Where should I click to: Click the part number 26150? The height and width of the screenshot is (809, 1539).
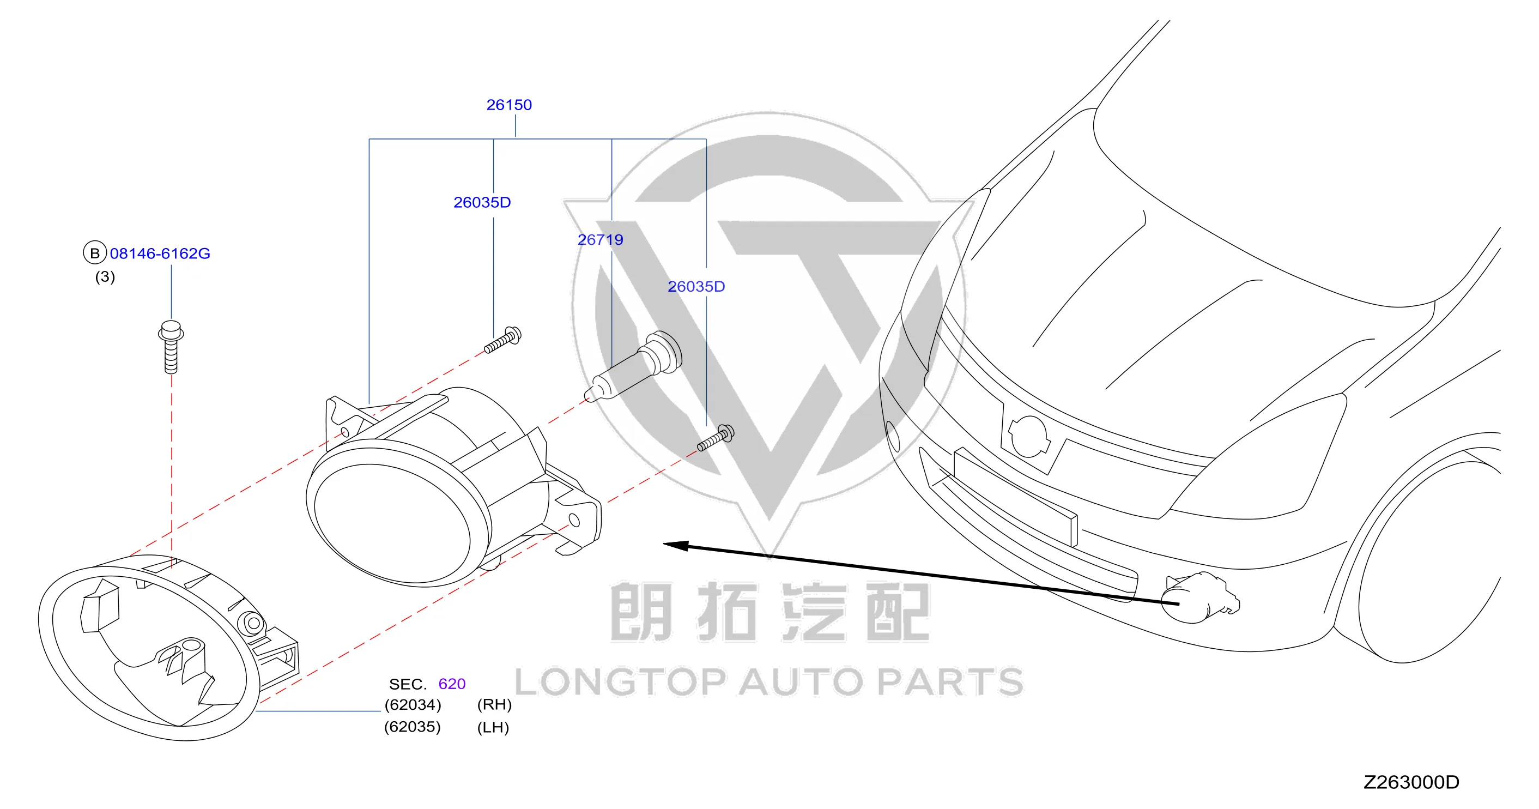tap(509, 105)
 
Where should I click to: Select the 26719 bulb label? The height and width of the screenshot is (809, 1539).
tap(600, 240)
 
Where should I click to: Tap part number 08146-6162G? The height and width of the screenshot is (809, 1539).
tap(160, 253)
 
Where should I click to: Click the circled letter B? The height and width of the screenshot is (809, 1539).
tap(94, 253)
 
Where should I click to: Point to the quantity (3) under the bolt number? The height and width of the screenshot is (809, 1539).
tap(105, 276)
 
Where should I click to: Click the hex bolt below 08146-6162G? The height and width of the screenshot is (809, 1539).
tap(171, 347)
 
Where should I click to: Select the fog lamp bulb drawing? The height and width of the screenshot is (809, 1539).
tap(633, 366)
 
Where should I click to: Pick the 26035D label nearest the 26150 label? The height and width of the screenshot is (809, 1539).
tap(482, 203)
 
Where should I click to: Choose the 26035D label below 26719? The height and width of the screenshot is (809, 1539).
tap(696, 287)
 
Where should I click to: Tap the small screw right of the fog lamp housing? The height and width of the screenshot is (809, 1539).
tap(716, 437)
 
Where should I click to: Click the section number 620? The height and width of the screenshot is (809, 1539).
tap(452, 684)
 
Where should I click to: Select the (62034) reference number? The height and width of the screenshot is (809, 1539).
tap(413, 705)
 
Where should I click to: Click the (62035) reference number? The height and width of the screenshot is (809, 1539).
tap(412, 727)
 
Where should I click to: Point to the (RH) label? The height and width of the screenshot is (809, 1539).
tap(495, 705)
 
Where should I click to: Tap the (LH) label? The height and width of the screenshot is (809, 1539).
tap(493, 728)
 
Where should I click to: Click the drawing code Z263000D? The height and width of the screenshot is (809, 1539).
tap(1411, 782)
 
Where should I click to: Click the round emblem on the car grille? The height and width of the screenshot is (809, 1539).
tap(1028, 437)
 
